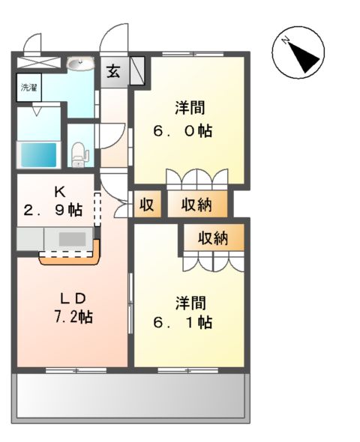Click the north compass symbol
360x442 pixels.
click(298, 53)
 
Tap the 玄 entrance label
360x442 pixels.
click(113, 72)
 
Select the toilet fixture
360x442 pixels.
click(79, 154)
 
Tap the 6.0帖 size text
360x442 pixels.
click(183, 130)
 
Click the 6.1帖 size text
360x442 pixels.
click(183, 323)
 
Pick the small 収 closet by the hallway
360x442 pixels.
click(146, 203)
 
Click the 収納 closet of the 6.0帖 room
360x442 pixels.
click(199, 203)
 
